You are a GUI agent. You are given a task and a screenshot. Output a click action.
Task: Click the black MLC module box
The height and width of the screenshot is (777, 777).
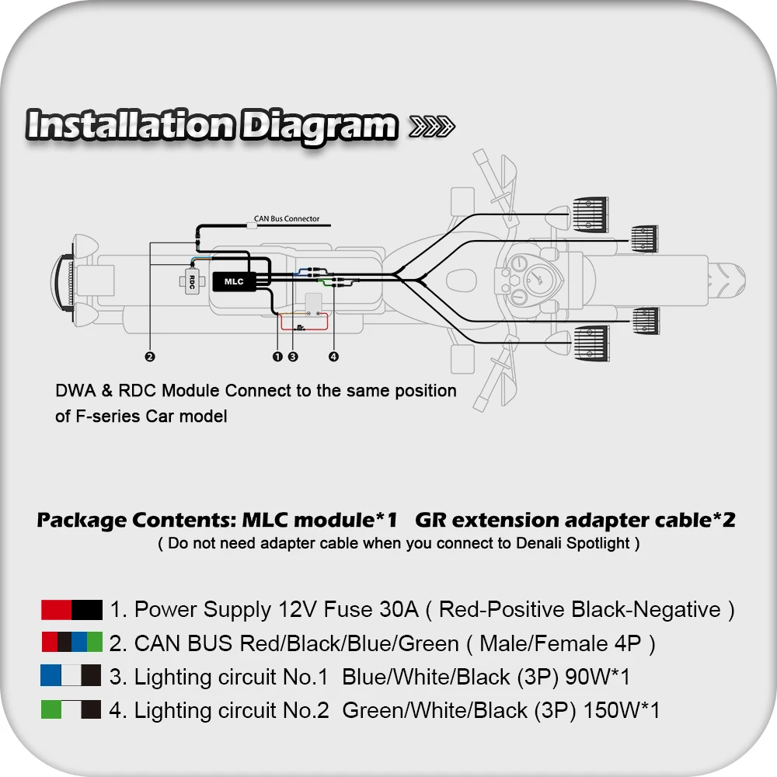tap(234, 281)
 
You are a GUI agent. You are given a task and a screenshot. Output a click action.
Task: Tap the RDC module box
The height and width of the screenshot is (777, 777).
tap(192, 282)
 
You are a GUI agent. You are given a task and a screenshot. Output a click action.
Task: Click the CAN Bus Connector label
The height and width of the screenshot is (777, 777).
tap(287, 218)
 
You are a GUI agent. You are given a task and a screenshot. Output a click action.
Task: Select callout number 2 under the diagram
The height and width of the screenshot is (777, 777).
tap(150, 357)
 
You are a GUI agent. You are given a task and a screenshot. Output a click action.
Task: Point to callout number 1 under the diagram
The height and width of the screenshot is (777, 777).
tap(277, 357)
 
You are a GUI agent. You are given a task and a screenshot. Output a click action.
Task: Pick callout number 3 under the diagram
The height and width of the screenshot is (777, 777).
tap(293, 357)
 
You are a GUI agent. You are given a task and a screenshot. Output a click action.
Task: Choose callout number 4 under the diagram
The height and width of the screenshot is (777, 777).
tap(333, 357)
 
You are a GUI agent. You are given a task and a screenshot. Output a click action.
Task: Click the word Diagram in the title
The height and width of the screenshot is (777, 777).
tap(319, 126)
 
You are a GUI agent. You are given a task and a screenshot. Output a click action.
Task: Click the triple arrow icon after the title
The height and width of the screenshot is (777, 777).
tap(431, 127)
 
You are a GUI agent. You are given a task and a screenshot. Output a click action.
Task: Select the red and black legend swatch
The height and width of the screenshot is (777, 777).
tap(71, 610)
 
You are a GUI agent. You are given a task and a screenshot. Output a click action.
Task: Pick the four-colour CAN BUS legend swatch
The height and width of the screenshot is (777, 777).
tap(71, 642)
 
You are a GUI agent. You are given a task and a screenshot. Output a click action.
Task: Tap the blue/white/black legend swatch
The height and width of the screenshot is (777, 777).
tap(71, 675)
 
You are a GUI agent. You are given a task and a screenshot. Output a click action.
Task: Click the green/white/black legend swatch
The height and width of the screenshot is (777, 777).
tap(71, 709)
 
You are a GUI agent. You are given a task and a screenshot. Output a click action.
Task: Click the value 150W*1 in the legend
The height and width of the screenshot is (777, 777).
tap(622, 710)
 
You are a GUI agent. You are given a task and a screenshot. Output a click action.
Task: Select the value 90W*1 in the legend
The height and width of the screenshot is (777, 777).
tap(597, 677)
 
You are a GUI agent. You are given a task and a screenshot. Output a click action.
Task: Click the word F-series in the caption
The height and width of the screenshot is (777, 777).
tap(107, 416)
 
